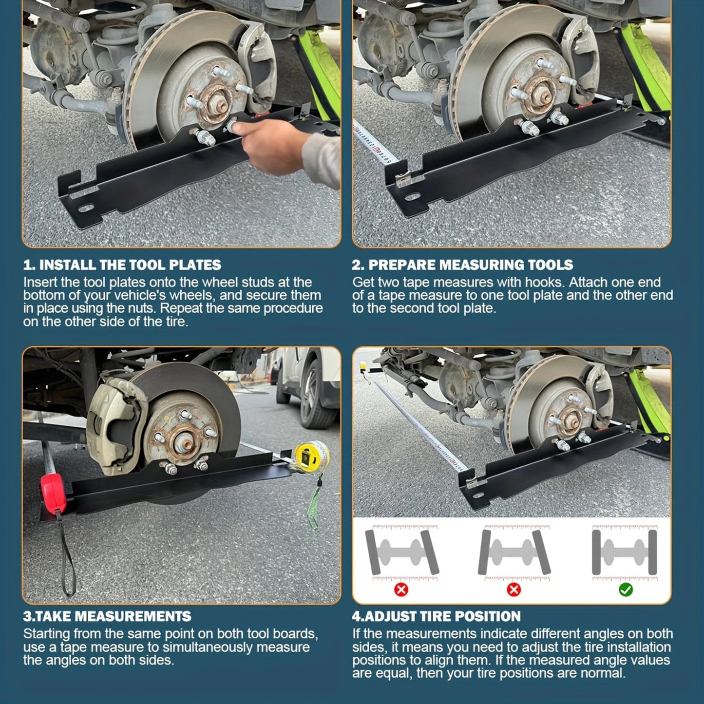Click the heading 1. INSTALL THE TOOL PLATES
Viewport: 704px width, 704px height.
pos(122,265)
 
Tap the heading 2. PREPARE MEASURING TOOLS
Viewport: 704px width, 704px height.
pos(462,265)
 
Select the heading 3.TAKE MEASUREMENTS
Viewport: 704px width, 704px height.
pos(107,616)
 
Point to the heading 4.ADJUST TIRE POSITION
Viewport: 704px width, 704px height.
pos(436,616)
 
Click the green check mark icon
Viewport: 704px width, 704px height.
pos(626,590)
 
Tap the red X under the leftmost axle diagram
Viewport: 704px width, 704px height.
pos(401,590)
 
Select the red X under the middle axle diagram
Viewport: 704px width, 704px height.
pos(514,590)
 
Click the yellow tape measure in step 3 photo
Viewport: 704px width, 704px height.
pos(311,456)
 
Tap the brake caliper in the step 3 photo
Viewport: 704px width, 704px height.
pos(117,424)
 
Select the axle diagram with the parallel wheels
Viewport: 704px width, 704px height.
pos(625,552)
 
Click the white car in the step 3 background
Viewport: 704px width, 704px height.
pos(307,385)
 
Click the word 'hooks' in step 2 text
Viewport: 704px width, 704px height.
pos(544,283)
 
